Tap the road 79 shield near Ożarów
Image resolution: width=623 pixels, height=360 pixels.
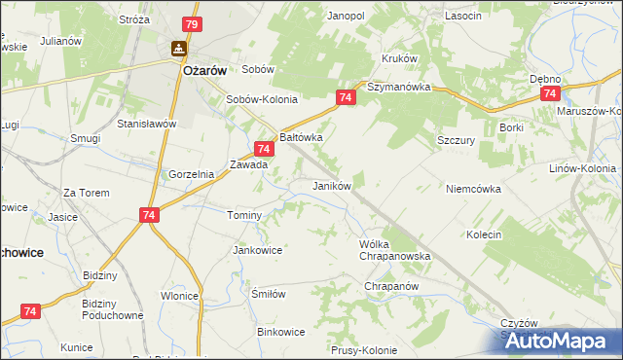click(x=192, y=24)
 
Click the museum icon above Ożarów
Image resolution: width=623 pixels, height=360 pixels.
click(x=180, y=48)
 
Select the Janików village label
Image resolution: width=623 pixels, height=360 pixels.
click(x=331, y=185)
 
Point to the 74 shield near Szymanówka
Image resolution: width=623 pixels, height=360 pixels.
click(x=346, y=98)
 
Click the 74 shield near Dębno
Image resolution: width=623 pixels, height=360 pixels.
click(x=550, y=93)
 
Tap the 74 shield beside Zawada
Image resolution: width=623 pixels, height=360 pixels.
click(x=262, y=149)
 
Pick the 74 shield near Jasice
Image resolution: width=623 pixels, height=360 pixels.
click(x=149, y=216)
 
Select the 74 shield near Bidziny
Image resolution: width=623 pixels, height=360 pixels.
click(x=30, y=310)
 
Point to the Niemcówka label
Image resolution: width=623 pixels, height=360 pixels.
click(x=473, y=189)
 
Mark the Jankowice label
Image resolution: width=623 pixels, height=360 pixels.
click(x=257, y=250)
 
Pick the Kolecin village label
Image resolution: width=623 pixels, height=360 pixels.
click(x=484, y=234)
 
